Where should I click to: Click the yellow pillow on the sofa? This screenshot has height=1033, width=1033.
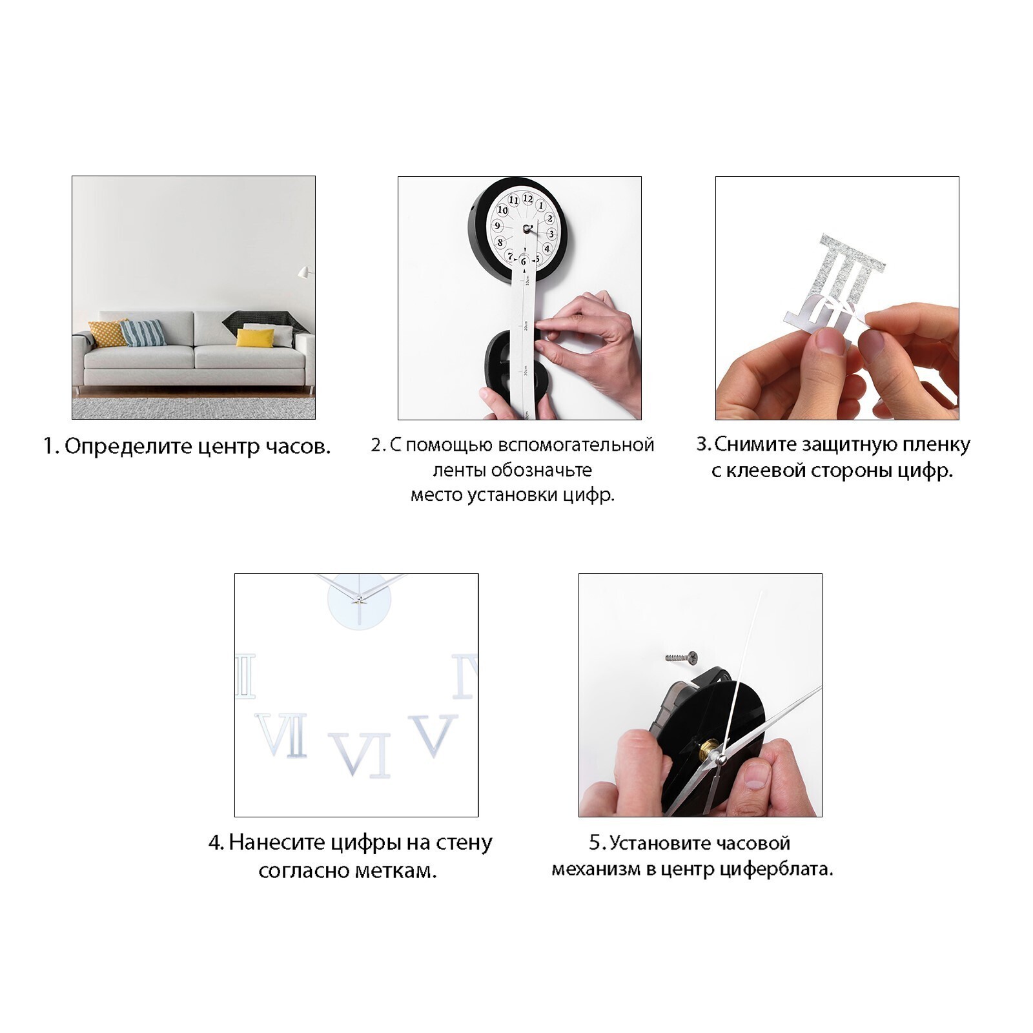point(255,338)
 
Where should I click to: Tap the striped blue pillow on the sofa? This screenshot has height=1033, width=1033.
point(143,332)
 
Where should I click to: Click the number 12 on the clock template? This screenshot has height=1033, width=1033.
point(527,198)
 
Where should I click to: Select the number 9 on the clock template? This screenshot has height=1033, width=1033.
point(497,226)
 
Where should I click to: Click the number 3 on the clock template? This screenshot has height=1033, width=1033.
point(551,234)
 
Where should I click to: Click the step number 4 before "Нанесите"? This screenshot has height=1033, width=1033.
point(216,843)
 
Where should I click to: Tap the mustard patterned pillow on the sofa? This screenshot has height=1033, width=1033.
point(108,333)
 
